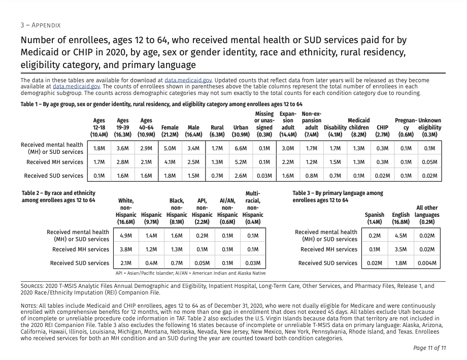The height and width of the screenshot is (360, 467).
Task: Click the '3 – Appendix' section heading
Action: (x=41, y=25)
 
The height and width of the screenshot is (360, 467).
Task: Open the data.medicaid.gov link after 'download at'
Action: (x=188, y=80)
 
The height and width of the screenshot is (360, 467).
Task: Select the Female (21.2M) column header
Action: (x=170, y=131)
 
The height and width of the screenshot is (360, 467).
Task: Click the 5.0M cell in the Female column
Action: (x=170, y=148)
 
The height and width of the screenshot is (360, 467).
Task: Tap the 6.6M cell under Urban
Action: (x=241, y=148)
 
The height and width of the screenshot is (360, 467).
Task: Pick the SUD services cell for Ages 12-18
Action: (x=99, y=176)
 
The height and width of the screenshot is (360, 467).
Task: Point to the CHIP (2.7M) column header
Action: (x=382, y=131)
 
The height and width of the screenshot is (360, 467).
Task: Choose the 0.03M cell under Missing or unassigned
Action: (x=264, y=176)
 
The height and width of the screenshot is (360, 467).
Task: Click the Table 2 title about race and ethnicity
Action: (x=58, y=197)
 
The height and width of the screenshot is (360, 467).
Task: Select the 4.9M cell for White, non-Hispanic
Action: (x=126, y=236)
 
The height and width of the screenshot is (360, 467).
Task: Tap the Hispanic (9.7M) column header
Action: (x=151, y=218)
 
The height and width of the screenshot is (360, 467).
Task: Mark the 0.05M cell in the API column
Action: (x=202, y=263)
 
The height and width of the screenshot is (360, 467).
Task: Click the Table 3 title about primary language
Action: (x=338, y=197)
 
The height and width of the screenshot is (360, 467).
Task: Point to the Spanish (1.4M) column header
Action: (x=375, y=218)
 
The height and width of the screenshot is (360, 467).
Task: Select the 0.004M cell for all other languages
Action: (x=427, y=263)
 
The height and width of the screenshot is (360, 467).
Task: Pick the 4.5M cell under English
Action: (x=401, y=236)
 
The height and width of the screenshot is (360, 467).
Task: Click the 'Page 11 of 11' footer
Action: (x=429, y=348)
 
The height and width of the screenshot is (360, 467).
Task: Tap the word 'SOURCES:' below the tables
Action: (x=32, y=286)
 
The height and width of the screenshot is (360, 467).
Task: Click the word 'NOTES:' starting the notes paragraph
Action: (x=29, y=306)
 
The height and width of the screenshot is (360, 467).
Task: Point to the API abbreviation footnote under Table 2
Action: (x=190, y=273)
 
